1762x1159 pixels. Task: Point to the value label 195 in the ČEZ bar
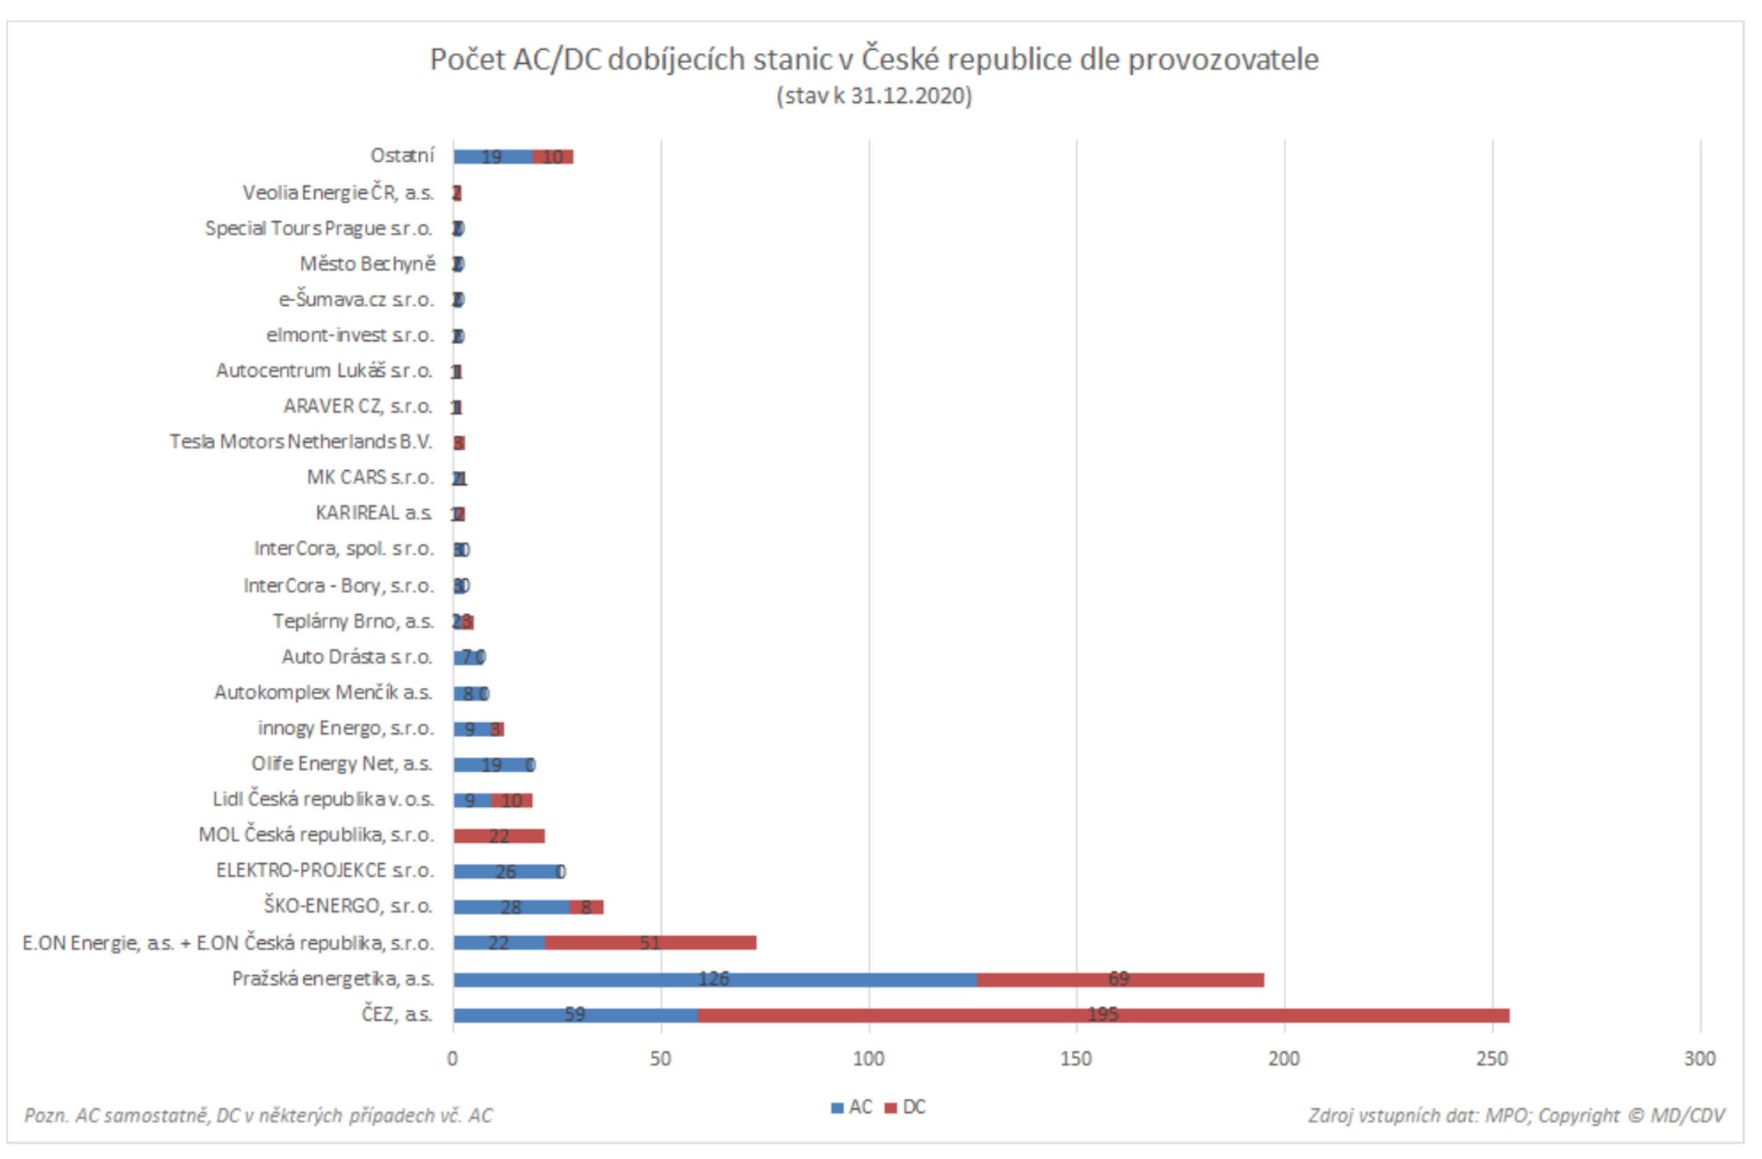1104,1015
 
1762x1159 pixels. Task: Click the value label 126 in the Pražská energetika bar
714,980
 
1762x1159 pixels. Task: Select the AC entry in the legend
853,1108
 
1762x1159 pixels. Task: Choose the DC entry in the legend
907,1108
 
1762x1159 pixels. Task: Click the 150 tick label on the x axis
1076,1060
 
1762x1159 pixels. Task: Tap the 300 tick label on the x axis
1700,1060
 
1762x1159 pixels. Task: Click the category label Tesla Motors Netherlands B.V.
301,442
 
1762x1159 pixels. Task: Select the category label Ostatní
402,156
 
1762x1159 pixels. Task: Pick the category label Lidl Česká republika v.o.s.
324,800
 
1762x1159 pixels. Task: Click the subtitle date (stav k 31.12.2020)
874,96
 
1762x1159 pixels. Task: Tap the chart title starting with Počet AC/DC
874,59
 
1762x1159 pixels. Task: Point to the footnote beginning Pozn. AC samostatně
258,1116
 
